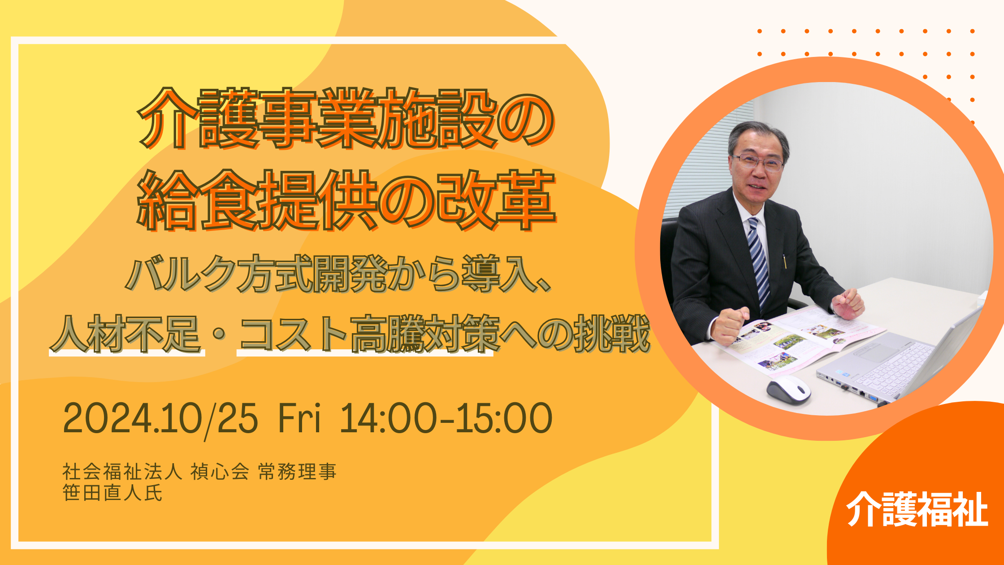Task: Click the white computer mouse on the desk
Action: coord(788,389)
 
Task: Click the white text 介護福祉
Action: coord(917,509)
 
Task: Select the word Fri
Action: coord(299,418)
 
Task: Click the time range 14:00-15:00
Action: coord(446,418)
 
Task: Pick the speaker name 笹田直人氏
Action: coord(113,493)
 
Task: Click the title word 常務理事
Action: coord(297,472)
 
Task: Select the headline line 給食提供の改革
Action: coord(346,200)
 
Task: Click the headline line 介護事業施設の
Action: coord(346,118)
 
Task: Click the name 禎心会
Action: coord(220,472)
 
